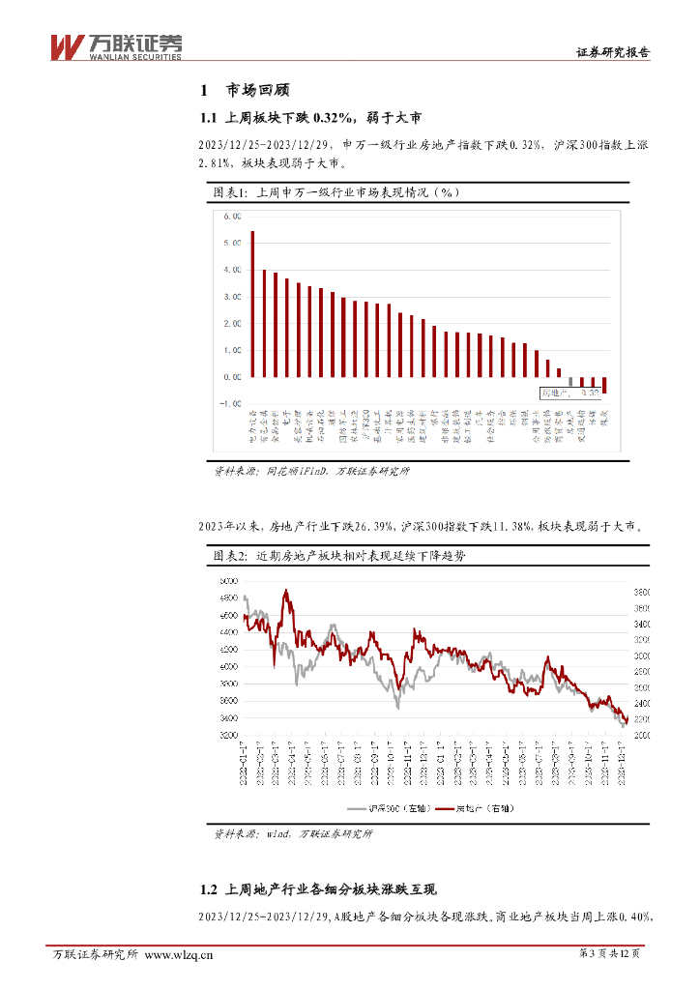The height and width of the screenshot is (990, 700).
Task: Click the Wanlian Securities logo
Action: click(115, 45)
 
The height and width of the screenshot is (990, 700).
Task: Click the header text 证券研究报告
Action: click(613, 53)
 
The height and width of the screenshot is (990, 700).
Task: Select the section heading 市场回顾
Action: click(257, 91)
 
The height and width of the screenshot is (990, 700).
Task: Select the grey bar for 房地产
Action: click(570, 381)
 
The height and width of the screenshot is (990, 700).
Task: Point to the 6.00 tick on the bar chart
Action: click(232, 217)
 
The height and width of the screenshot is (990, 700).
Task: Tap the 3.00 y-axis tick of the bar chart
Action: click(232, 297)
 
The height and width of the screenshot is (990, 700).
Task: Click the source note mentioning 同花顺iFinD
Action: click(311, 471)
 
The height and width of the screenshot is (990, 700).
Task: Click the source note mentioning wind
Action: click(292, 832)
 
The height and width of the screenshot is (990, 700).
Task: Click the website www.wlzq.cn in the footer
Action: click(178, 955)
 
